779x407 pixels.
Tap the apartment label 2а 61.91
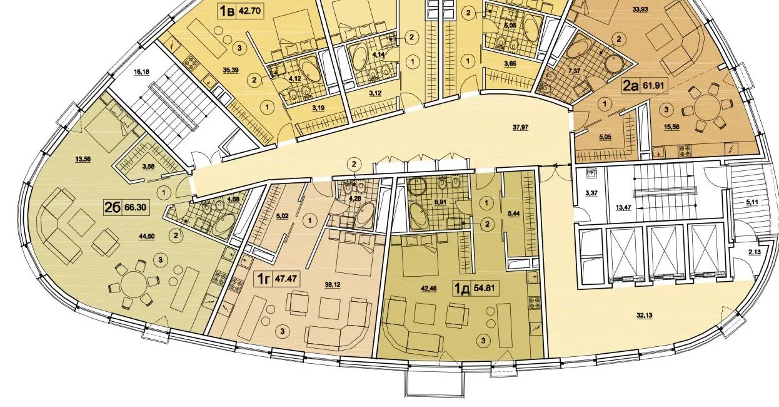pyautogui.click(x=645, y=85)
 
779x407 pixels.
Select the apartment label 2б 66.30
pyautogui.click(x=126, y=207)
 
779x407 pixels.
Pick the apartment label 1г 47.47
pyautogui.click(x=277, y=279)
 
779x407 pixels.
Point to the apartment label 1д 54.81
pyautogui.click(x=475, y=288)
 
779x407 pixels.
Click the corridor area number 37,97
pyautogui.click(x=520, y=128)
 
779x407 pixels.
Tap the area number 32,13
pyautogui.click(x=645, y=316)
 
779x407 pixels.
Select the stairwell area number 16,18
pyautogui.click(x=141, y=72)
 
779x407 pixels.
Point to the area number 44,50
pyautogui.click(x=146, y=237)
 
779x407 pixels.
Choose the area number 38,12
pyautogui.click(x=333, y=285)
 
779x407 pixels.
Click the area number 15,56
pyautogui.click(x=671, y=127)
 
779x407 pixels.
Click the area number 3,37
pyautogui.click(x=591, y=193)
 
